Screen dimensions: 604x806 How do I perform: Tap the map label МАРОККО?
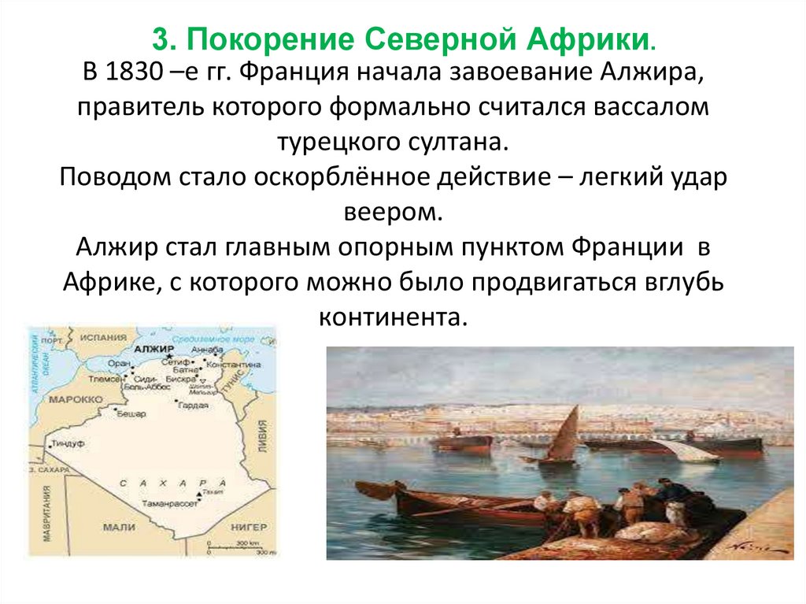[x=72, y=399]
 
